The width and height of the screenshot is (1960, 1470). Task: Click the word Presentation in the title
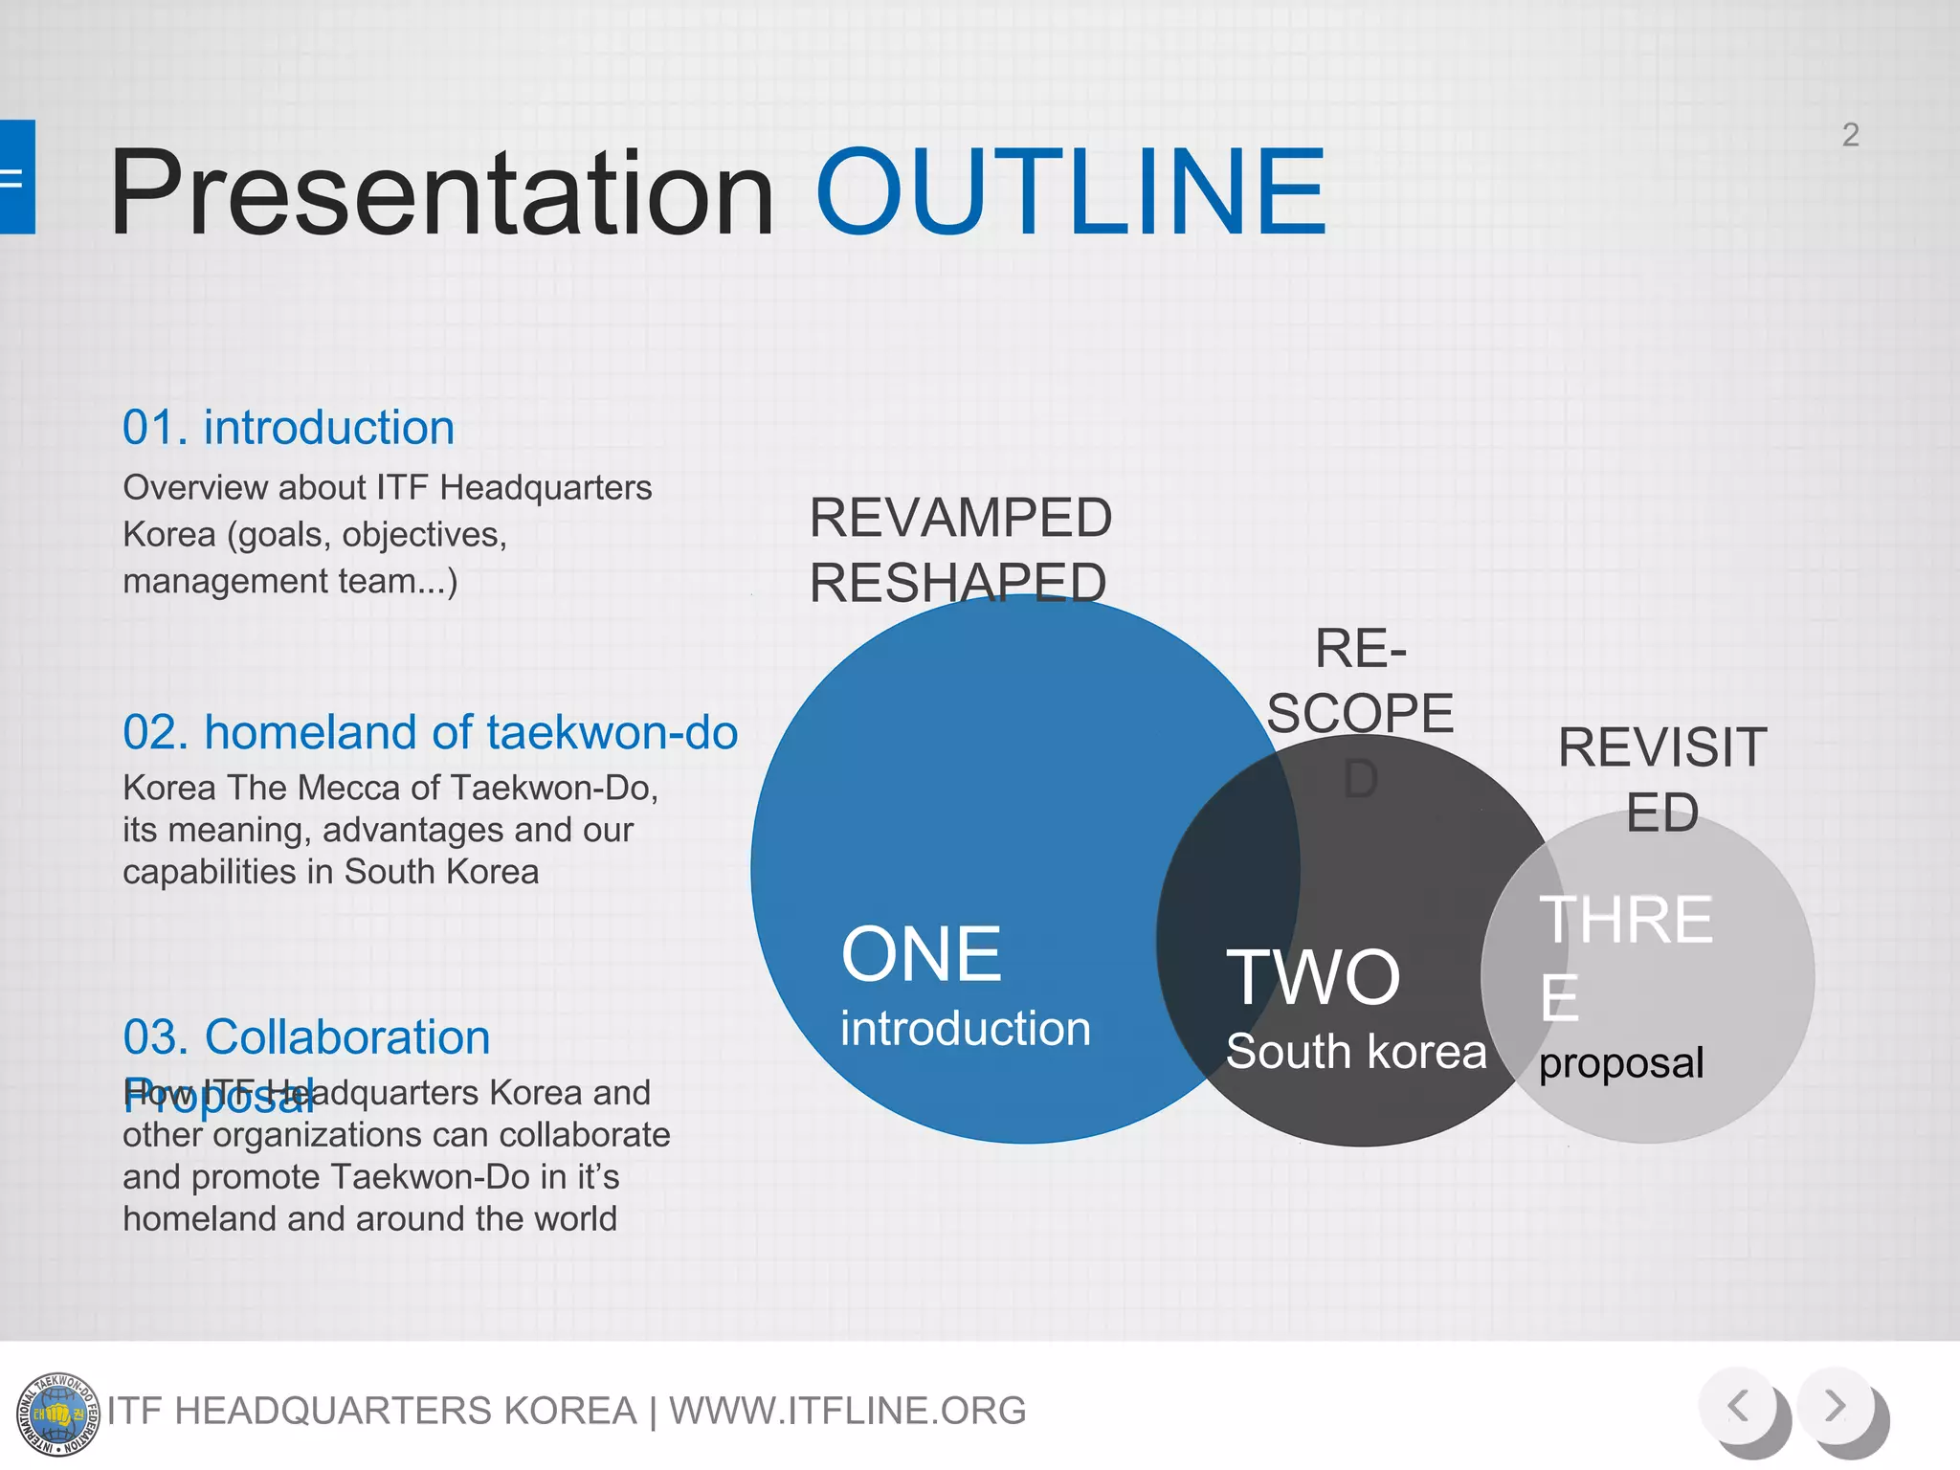pos(441,193)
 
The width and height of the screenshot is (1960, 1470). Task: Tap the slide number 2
pos(1850,135)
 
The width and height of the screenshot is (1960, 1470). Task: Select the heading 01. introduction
pos(288,427)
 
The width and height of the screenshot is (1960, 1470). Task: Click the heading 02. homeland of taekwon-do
pos(430,732)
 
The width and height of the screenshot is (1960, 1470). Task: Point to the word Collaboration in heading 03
pos(346,1036)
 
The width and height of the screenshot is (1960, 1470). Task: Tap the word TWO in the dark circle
pos(1313,977)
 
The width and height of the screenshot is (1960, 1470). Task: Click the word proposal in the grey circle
pos(1621,1063)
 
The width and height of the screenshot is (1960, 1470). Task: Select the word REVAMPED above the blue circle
pos(960,518)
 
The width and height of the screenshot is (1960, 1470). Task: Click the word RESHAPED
pos(958,583)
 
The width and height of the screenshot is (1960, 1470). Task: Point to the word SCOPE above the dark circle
pos(1360,713)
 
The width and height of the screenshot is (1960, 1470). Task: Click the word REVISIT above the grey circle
pos(1661,747)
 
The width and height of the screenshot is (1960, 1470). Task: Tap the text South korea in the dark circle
pos(1356,1052)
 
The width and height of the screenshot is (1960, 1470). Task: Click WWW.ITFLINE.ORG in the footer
pos(847,1411)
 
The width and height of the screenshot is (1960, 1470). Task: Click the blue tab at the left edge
pos(17,177)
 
